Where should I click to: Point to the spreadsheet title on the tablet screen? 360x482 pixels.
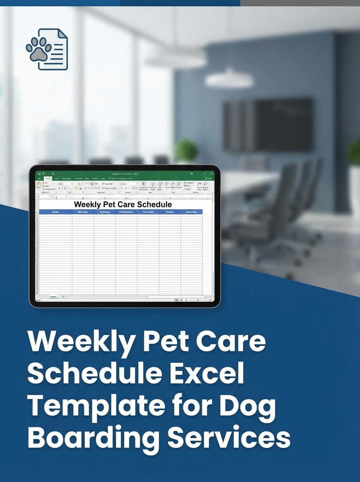[123, 204]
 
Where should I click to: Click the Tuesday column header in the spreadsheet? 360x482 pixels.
[104, 212]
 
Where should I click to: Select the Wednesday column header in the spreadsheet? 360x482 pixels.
[126, 212]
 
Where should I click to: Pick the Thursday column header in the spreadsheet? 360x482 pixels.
[148, 212]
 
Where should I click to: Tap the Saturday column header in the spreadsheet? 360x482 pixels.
[191, 212]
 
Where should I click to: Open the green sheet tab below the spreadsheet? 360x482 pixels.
[53, 296]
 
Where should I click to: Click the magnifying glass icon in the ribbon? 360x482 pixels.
[205, 184]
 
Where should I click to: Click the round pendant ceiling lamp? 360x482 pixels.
[229, 78]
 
